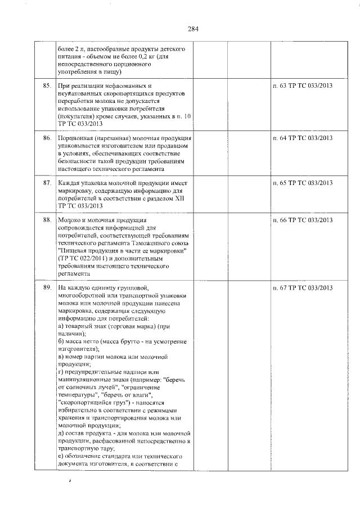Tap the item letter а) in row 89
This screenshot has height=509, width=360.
coord(61,327)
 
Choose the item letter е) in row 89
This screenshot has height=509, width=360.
coord(61,456)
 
